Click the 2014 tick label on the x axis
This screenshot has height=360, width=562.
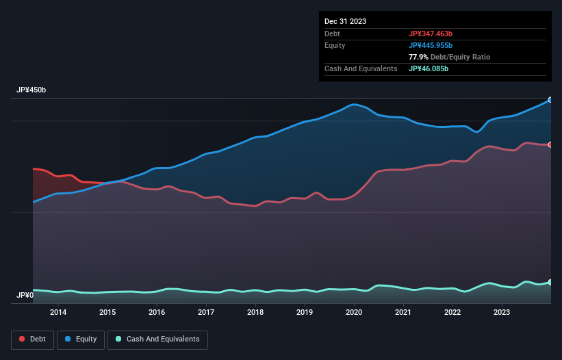pyautogui.click(x=58, y=313)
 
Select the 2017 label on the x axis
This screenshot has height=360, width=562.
pyautogui.click(x=206, y=313)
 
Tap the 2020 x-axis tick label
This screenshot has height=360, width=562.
pyautogui.click(x=354, y=313)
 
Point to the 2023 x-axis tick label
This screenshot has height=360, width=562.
pyautogui.click(x=502, y=313)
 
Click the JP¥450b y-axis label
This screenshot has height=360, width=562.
pyautogui.click(x=31, y=90)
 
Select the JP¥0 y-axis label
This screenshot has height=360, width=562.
pyautogui.click(x=25, y=296)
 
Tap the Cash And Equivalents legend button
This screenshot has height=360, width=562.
pyautogui.click(x=157, y=339)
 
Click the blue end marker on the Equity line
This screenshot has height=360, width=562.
pyautogui.click(x=550, y=100)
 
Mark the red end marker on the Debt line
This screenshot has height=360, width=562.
pyautogui.click(x=550, y=144)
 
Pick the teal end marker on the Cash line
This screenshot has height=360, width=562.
pyautogui.click(x=550, y=282)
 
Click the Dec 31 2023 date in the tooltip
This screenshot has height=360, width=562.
pyautogui.click(x=346, y=21)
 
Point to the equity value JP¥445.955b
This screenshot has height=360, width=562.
pyautogui.click(x=434, y=45)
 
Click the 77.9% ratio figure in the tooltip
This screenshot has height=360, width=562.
pyautogui.click(x=417, y=57)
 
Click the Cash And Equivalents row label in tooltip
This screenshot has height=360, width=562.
pyautogui.click(x=361, y=68)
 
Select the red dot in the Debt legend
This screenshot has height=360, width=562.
pyautogui.click(x=23, y=339)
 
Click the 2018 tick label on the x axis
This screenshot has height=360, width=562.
pyautogui.click(x=255, y=313)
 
